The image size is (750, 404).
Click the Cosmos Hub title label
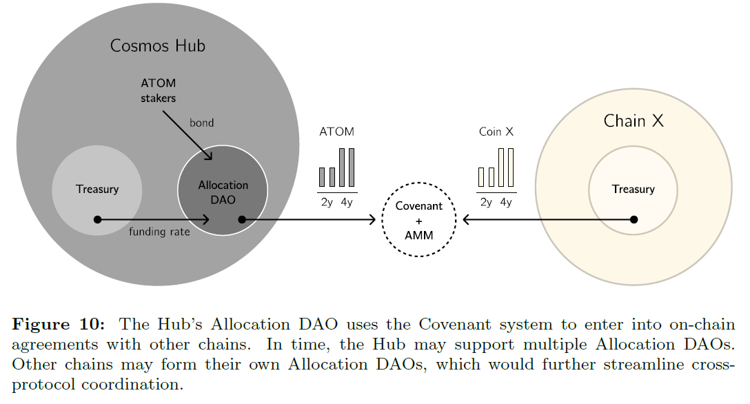point(158,46)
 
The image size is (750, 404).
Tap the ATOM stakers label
point(158,90)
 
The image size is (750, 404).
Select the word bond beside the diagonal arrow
point(202,123)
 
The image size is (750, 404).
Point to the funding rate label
point(159,232)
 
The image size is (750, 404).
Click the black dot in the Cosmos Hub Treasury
point(97,219)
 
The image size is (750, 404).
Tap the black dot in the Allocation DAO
point(242,219)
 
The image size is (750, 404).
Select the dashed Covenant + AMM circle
point(419,220)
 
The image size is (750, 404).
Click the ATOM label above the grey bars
point(337,132)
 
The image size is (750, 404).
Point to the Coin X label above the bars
point(496,132)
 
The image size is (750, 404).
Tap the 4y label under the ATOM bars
point(347,202)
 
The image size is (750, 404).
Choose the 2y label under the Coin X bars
point(487,202)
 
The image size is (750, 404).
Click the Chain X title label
point(634,121)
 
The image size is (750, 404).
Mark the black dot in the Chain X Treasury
point(634,219)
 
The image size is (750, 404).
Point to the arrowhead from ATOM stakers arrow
point(209,156)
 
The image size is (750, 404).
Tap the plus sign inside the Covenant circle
point(419,221)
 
